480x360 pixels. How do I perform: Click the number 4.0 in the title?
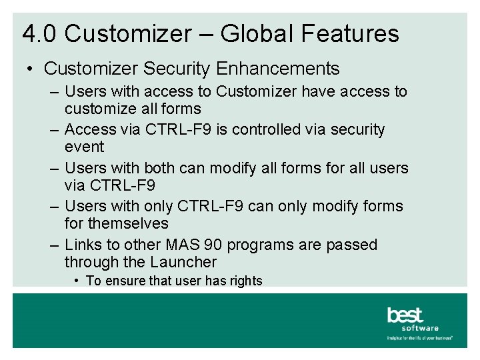pos(40,33)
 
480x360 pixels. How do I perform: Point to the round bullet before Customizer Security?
pos(31,69)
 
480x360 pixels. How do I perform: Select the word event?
pos(85,147)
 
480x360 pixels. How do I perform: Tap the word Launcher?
pos(184,263)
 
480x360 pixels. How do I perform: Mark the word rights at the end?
pos(246,281)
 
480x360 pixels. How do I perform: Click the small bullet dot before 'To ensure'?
pos(78,281)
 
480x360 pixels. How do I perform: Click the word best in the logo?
pos(405,315)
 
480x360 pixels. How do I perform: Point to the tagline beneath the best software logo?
pos(419,338)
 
